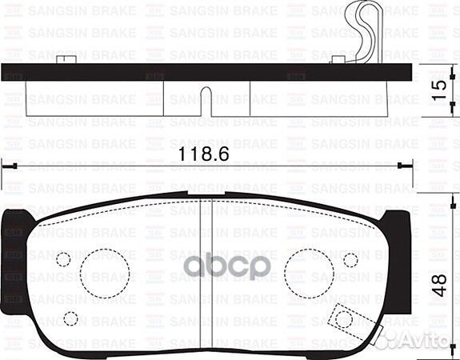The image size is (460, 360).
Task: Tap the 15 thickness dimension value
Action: tap(438, 88)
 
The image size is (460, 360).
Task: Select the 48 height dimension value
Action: tap(438, 286)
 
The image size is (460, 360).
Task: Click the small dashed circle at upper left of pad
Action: tap(63, 261)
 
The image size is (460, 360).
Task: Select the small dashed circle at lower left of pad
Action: tap(70, 319)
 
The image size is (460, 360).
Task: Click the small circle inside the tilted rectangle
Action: tap(344, 319)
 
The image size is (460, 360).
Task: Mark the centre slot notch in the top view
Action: tap(206, 99)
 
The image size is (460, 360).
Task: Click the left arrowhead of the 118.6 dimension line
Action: tap(6, 166)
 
